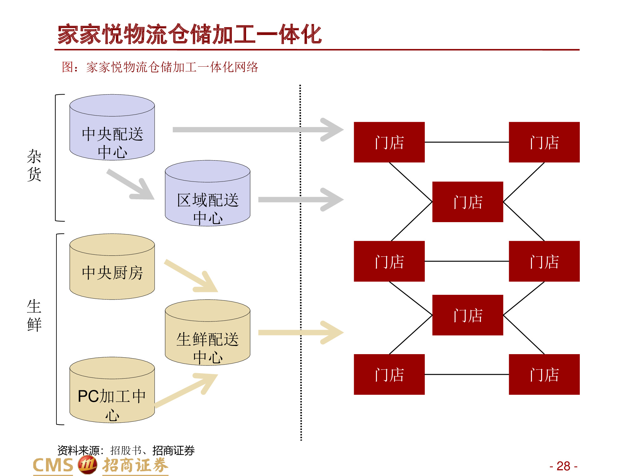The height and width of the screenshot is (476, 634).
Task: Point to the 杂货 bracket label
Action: pyautogui.click(x=34, y=165)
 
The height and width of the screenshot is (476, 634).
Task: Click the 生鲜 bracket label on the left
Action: pyautogui.click(x=34, y=315)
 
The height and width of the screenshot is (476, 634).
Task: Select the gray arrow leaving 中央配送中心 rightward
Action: pyautogui.click(x=254, y=130)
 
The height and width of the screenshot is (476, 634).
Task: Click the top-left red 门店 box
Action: pyautogui.click(x=389, y=142)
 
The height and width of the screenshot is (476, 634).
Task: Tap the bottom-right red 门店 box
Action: pyautogui.click(x=544, y=374)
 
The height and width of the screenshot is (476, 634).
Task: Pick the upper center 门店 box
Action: pyautogui.click(x=468, y=202)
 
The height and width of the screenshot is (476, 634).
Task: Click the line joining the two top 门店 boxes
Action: pyautogui.click(x=467, y=142)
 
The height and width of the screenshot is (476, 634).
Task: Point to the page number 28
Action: pyautogui.click(x=563, y=466)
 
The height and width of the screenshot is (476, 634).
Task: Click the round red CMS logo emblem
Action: pyautogui.click(x=87, y=465)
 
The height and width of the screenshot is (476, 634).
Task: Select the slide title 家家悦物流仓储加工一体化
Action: pyautogui.click(x=190, y=34)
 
